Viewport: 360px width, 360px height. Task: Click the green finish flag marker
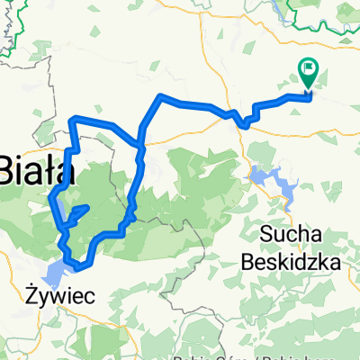point(309,73)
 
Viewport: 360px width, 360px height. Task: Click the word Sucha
point(292,235)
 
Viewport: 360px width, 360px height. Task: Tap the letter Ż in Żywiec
point(31,292)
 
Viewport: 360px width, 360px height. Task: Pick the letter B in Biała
point(6,168)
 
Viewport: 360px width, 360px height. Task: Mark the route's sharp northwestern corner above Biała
point(72,118)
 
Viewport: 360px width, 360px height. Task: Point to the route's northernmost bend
point(160,95)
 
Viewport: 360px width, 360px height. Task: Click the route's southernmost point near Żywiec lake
point(79,267)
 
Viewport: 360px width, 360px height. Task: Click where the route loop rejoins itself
point(139,142)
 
